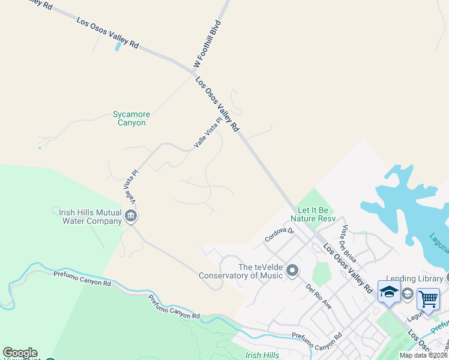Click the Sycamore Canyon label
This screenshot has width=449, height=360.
(131, 118)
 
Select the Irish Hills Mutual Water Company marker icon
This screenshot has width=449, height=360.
(131, 215)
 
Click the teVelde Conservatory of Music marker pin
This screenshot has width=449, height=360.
(292, 271)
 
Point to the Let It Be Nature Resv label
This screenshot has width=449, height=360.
(316, 214)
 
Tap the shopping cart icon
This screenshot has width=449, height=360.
(428, 298)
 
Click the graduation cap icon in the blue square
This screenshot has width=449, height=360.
(389, 292)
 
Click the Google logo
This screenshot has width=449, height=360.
(20, 353)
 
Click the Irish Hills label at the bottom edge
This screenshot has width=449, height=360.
(262, 355)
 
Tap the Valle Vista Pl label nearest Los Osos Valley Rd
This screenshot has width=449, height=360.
(208, 133)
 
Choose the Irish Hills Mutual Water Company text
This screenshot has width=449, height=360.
(90, 216)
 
